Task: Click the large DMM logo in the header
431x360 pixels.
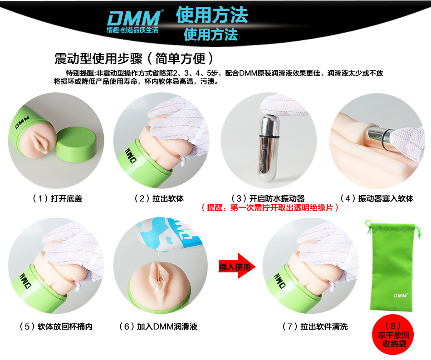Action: point(134,19)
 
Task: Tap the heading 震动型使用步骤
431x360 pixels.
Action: point(98,58)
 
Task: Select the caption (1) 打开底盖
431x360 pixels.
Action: point(57,198)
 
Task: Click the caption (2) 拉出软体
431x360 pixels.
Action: point(159,198)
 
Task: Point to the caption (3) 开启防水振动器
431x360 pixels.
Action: point(268,198)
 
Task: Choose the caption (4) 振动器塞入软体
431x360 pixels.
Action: point(377,198)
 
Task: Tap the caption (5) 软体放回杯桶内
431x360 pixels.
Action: point(56,326)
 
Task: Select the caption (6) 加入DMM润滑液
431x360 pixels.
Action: point(158,326)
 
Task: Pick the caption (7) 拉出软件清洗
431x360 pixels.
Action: point(315,326)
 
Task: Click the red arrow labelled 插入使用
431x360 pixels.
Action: point(237,266)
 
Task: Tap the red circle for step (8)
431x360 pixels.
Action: point(393,335)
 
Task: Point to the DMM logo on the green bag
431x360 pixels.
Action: point(401,296)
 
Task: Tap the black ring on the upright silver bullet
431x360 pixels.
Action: point(269,136)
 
